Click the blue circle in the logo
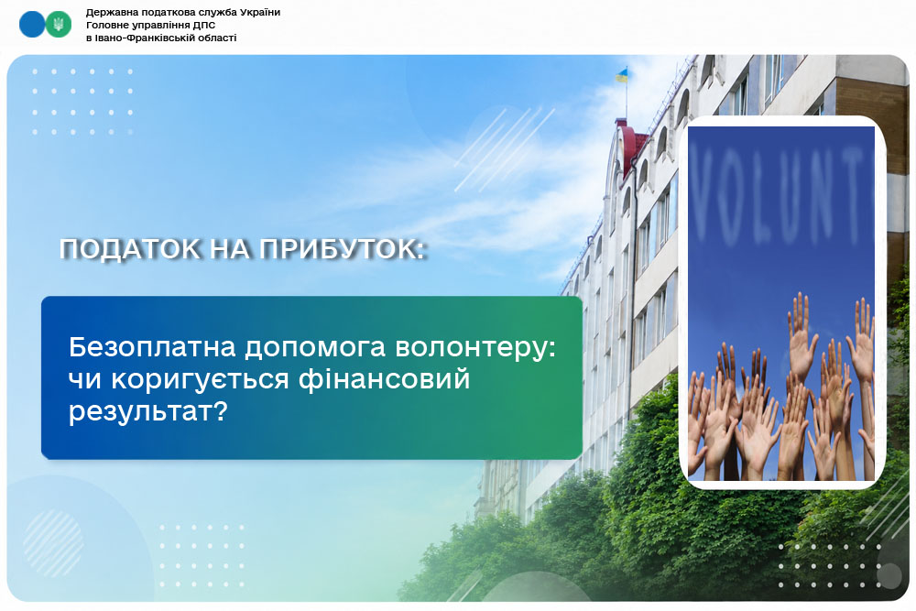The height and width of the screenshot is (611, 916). [31, 25]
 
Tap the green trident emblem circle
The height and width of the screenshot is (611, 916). [59, 25]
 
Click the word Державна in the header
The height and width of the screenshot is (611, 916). [110, 12]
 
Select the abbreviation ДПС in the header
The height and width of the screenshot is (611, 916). [204, 25]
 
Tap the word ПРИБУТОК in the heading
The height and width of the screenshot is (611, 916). [342, 249]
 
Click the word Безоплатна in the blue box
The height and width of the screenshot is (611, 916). [152, 347]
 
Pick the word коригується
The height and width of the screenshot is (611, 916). [200, 380]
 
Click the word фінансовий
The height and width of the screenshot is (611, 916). [384, 379]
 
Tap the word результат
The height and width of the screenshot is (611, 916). [147, 413]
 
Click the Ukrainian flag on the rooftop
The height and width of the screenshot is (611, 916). [622, 75]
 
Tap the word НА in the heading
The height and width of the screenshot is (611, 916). [230, 249]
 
